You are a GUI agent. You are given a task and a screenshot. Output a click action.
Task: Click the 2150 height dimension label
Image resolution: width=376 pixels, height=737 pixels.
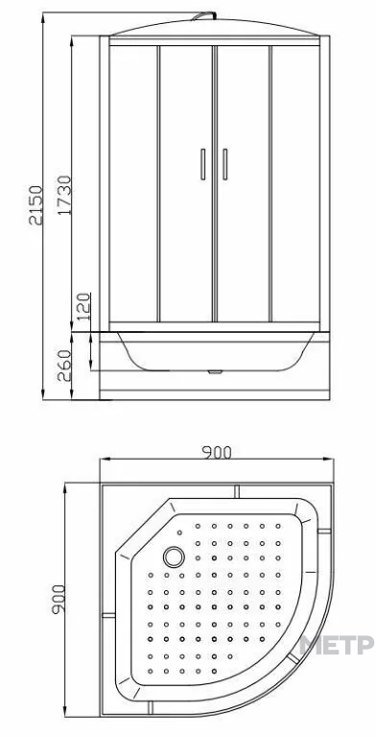(x=35, y=205)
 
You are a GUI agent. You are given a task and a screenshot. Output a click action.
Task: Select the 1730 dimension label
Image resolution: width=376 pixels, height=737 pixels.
(x=64, y=195)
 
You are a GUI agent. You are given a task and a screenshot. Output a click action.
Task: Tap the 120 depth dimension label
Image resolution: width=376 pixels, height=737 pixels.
(x=83, y=306)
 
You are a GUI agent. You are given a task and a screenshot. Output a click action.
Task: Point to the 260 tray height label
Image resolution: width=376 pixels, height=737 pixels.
(x=64, y=366)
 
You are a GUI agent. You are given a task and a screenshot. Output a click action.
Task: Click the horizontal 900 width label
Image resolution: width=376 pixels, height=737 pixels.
(x=217, y=452)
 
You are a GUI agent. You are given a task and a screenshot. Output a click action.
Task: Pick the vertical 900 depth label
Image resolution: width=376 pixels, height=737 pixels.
(x=58, y=599)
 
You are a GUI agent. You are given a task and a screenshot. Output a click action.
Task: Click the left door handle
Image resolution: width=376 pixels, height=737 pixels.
(x=203, y=164)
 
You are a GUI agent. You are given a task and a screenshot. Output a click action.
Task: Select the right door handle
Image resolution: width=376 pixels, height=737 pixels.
(x=225, y=164)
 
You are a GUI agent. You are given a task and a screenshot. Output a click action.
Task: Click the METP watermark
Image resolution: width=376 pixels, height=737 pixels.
(x=337, y=645)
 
